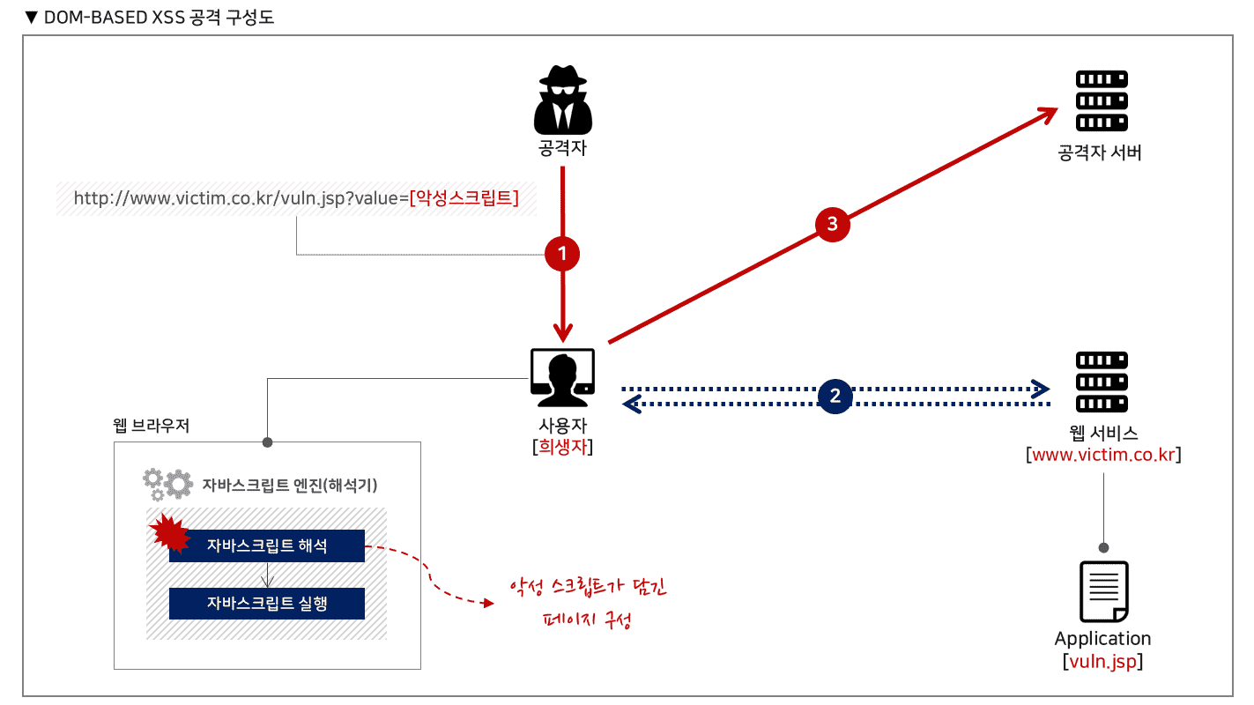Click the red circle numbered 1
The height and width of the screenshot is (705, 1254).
[x=562, y=254]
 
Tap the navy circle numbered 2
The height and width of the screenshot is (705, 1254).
[x=835, y=396]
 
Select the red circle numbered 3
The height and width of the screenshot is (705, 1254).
[x=833, y=224]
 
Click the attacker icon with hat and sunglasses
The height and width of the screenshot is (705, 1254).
[x=562, y=99]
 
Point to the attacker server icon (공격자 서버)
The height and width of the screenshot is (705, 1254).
[x=1102, y=100]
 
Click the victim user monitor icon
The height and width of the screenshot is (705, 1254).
[x=562, y=377]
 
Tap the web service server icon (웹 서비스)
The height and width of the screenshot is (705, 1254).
[x=1102, y=382]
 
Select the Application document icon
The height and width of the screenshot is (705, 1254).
[x=1103, y=591]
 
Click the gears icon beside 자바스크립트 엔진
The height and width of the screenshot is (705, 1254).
[x=168, y=485]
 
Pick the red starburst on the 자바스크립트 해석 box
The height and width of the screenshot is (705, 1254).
[x=170, y=533]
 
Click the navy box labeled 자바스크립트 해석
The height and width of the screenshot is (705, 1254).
[x=267, y=545]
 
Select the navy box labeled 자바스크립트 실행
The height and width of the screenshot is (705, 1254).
[x=267, y=603]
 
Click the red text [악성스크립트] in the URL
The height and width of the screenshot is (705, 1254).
[x=464, y=197]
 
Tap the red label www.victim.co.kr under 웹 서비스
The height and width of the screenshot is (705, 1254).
[x=1103, y=455]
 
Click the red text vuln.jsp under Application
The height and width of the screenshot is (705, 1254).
[x=1102, y=661]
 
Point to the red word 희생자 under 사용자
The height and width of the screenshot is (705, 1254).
[x=562, y=447]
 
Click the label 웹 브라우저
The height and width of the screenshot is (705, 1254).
[x=152, y=426]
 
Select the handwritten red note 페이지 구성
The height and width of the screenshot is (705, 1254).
[x=587, y=620]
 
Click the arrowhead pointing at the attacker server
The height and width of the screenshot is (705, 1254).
[x=1048, y=115]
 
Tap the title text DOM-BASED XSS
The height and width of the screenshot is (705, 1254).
[x=115, y=18]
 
